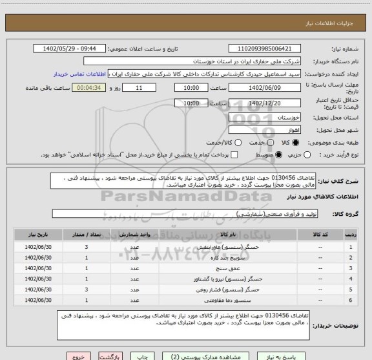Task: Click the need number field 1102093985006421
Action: click(x=273, y=48)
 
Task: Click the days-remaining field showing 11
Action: click(x=141, y=88)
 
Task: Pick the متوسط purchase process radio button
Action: click(x=280, y=154)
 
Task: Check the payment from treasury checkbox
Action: click(x=234, y=154)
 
